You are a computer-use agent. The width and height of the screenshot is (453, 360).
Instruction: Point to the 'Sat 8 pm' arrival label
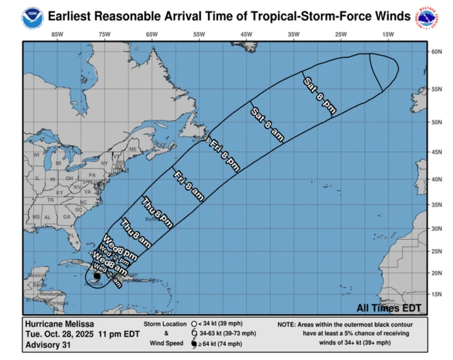(x=319, y=93)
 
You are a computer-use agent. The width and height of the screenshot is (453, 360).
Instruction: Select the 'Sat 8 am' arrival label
(x=267, y=125)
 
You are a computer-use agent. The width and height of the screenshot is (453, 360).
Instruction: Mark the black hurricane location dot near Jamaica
(x=96, y=277)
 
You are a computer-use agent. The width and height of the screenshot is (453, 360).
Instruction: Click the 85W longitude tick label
(x=57, y=35)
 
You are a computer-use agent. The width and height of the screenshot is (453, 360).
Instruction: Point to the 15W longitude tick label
(x=387, y=35)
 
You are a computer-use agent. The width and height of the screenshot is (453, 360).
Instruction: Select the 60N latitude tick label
(x=437, y=52)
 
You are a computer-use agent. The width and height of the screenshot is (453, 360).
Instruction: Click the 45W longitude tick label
(x=246, y=35)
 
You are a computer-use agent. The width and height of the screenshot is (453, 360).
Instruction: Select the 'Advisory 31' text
(x=47, y=346)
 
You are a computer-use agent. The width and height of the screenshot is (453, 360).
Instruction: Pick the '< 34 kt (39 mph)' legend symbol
(x=193, y=323)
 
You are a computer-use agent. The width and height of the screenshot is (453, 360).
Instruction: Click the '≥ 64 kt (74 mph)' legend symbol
(x=193, y=344)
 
